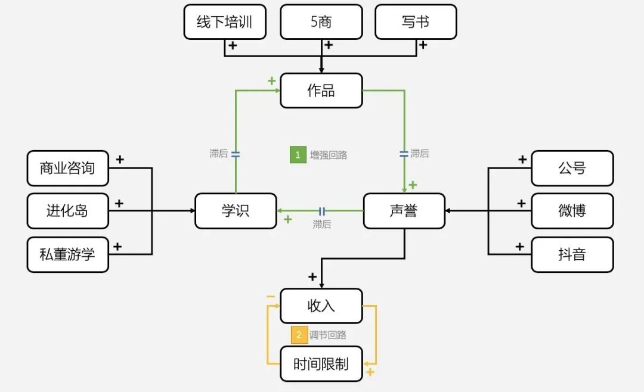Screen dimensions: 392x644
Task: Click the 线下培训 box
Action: [x=225, y=22]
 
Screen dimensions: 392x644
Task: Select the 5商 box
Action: [x=321, y=22]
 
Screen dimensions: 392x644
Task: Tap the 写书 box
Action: [x=416, y=22]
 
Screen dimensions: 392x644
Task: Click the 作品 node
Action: [x=321, y=91]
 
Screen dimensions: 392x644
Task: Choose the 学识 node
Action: [x=236, y=211]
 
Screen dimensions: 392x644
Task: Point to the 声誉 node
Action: [x=404, y=211]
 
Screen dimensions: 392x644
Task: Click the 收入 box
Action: [x=321, y=306]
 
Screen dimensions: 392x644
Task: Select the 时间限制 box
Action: [x=321, y=364]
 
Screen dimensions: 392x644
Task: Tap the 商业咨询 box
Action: [x=67, y=168]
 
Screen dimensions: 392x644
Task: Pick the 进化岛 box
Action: [x=67, y=211]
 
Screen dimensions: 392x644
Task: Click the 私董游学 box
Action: [x=67, y=254]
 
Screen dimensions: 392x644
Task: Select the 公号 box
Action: [x=572, y=168]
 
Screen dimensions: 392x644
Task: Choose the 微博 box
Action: [x=572, y=211]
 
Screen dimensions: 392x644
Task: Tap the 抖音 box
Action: [x=572, y=254]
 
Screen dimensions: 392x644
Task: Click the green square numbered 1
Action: [x=298, y=155]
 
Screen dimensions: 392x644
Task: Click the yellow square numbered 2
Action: [x=299, y=335]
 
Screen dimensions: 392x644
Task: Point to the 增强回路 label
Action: [x=328, y=155]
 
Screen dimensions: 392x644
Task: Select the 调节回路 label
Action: [x=328, y=335]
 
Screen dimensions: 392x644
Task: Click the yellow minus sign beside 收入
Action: [x=271, y=296]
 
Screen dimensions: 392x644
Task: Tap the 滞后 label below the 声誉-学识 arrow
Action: [x=321, y=225]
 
